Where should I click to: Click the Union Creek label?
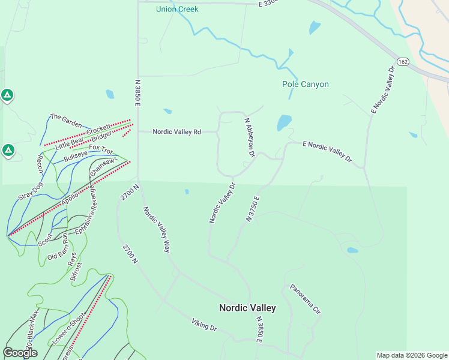[177, 9]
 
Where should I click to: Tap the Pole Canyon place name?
[306, 84]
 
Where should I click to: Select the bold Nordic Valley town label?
[247, 308]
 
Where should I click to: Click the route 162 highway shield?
[403, 62]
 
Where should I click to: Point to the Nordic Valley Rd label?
[176, 131]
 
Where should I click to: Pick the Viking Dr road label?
[204, 326]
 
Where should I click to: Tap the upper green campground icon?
[7, 95]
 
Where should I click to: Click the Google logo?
[20, 353]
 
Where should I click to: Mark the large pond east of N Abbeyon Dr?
[284, 122]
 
